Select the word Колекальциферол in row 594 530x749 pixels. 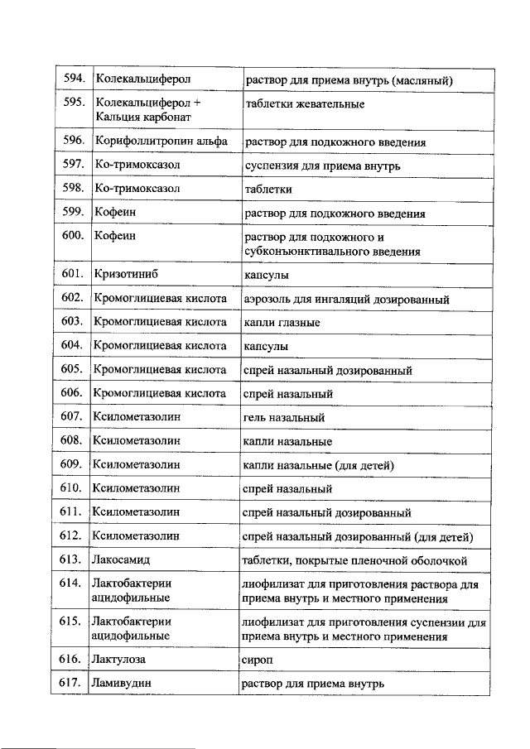point(143,79)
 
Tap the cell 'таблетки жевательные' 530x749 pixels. point(305,104)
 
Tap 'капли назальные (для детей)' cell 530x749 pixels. point(318,465)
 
